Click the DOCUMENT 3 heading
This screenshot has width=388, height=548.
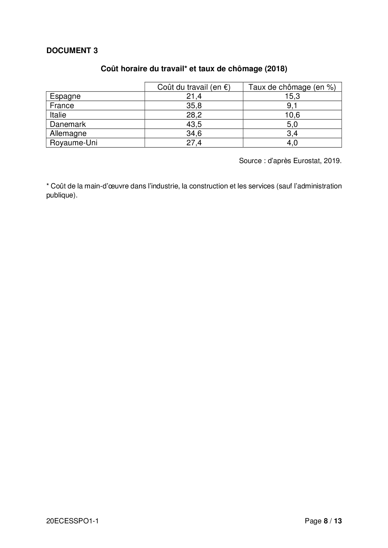[72, 51]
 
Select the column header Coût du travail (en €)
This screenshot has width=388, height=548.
[194, 87]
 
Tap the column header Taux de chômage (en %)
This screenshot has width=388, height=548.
[292, 87]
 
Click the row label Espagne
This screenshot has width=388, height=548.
[65, 96]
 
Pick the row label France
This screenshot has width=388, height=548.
[62, 106]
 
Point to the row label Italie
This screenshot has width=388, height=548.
[58, 115]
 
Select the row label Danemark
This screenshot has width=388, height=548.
[68, 124]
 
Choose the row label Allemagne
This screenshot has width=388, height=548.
[68, 133]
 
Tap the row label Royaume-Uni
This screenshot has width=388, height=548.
[74, 143]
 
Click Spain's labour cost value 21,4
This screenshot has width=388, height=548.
[194, 96]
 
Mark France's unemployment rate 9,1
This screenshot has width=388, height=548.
[292, 106]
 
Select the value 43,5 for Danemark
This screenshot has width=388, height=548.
[194, 124]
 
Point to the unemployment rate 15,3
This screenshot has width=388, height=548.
[292, 96]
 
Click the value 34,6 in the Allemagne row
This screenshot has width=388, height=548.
[194, 133]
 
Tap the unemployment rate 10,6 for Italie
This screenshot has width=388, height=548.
[292, 115]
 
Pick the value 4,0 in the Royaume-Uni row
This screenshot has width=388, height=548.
[292, 143]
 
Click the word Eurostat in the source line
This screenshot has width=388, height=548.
[307, 161]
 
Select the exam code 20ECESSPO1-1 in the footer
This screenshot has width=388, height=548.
[72, 521]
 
